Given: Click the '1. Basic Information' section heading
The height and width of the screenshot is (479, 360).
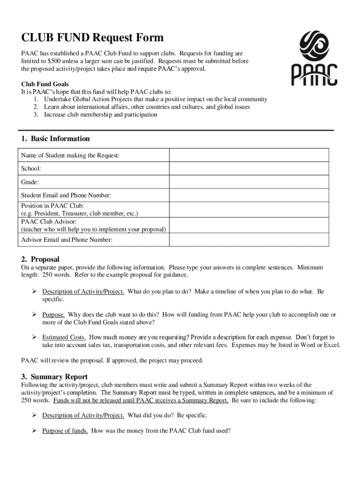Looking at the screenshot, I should (x=55, y=138).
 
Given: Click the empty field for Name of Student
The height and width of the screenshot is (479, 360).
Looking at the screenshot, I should (x=249, y=155).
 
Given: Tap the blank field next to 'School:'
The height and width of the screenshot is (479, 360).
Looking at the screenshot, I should (x=249, y=168).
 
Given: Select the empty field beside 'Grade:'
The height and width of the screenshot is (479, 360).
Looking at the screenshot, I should (x=249, y=181).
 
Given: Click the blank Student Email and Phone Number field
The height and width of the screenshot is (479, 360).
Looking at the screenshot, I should (x=249, y=195).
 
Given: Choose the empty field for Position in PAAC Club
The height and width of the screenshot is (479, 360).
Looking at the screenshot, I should (x=249, y=209).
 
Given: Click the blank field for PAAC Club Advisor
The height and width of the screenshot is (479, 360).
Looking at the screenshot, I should (x=249, y=225).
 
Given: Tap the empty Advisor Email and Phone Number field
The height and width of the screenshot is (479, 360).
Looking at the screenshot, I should (x=249, y=240).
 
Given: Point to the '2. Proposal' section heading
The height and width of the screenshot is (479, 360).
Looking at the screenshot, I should (x=40, y=259).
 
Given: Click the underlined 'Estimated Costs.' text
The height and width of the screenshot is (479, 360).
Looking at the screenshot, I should (x=64, y=337).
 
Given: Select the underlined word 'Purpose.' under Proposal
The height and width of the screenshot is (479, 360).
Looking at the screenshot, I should (x=53, y=315).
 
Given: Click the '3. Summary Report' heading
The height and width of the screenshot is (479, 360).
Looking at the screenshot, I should (x=54, y=377).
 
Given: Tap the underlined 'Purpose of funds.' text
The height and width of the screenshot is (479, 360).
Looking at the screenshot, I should (x=65, y=431).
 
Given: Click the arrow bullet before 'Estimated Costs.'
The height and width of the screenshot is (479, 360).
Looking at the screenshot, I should (x=34, y=337).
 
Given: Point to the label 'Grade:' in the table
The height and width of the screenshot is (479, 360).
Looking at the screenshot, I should (x=30, y=181).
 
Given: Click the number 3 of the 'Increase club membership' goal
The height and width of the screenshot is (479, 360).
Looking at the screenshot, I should (x=36, y=115).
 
